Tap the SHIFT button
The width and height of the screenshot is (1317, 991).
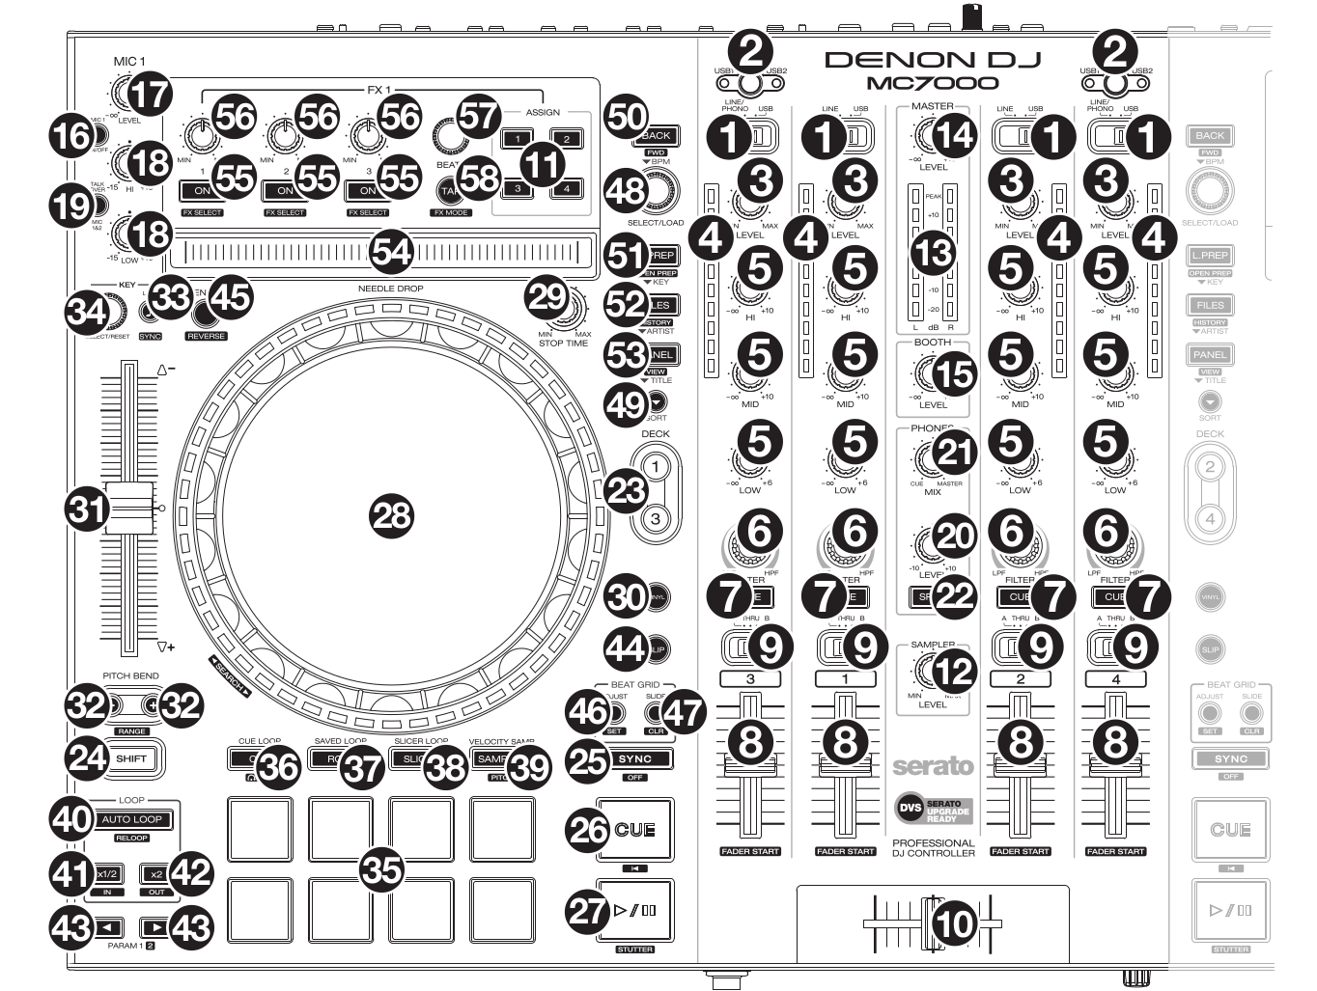[131, 758]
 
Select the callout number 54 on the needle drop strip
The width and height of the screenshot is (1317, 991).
[392, 253]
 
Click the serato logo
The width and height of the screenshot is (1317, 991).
[932, 766]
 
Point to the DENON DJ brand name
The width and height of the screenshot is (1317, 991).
[932, 60]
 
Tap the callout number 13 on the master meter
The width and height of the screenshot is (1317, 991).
[934, 253]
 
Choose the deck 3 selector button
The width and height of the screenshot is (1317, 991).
[657, 519]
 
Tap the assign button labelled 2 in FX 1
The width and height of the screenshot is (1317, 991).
[567, 140]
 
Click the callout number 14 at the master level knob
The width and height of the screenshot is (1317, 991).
[955, 134]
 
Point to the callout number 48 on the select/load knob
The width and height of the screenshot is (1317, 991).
[626, 190]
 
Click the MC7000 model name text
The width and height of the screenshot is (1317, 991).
[932, 83]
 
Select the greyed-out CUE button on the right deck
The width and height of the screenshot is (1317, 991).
[1230, 830]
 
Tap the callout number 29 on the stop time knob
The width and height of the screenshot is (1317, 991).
[547, 296]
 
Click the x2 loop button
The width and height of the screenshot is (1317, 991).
[155, 873]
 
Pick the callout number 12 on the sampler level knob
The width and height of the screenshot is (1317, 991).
[955, 671]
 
